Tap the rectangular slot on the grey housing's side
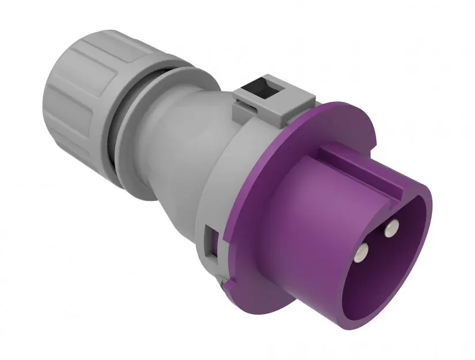click(211, 242)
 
